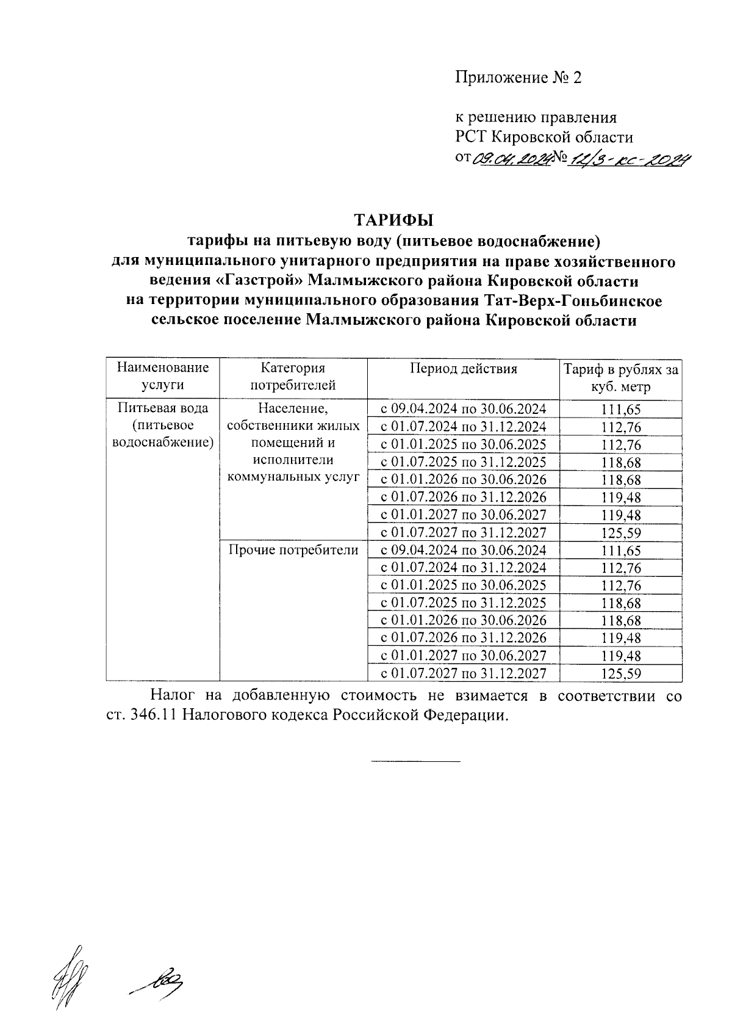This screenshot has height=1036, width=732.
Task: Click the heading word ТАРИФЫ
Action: coord(393,219)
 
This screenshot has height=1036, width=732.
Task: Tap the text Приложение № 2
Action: coord(518,78)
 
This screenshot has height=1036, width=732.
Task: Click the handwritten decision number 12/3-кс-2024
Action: coord(629,160)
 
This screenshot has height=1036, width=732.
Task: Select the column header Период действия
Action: coord(463,369)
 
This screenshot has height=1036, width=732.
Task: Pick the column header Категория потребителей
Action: coord(293,377)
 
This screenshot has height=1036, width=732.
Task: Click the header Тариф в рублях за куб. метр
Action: coord(620,378)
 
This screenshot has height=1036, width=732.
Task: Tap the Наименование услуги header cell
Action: coord(162,377)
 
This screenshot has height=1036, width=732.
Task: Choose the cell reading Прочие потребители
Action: coord(293,550)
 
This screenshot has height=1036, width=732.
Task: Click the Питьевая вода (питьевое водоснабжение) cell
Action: coord(162,426)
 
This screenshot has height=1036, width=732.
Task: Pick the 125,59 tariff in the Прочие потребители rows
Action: coord(620,674)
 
